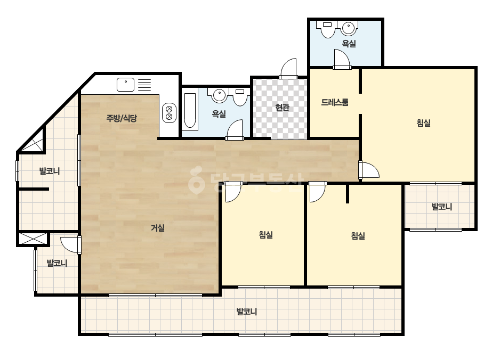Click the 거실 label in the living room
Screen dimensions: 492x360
click(158, 228)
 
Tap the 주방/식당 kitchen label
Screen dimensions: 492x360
click(122, 118)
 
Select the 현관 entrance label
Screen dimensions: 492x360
click(282, 107)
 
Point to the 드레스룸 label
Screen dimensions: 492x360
click(334, 102)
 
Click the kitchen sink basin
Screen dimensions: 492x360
click(125, 85)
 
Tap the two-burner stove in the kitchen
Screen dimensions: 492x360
click(169, 113)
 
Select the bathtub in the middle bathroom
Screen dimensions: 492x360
click(190, 111)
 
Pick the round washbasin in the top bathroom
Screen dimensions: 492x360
click(348, 29)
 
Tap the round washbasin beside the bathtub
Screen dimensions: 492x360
click(219, 95)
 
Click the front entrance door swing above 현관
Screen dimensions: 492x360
click(288, 69)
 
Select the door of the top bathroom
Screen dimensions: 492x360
click(342, 59)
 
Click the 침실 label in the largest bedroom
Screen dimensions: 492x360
click(423, 123)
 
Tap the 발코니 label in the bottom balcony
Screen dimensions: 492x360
click(247, 312)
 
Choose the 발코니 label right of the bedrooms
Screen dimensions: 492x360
click(442, 207)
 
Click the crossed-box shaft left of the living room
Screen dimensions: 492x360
click(33, 239)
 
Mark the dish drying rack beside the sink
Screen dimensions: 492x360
click(144, 85)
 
